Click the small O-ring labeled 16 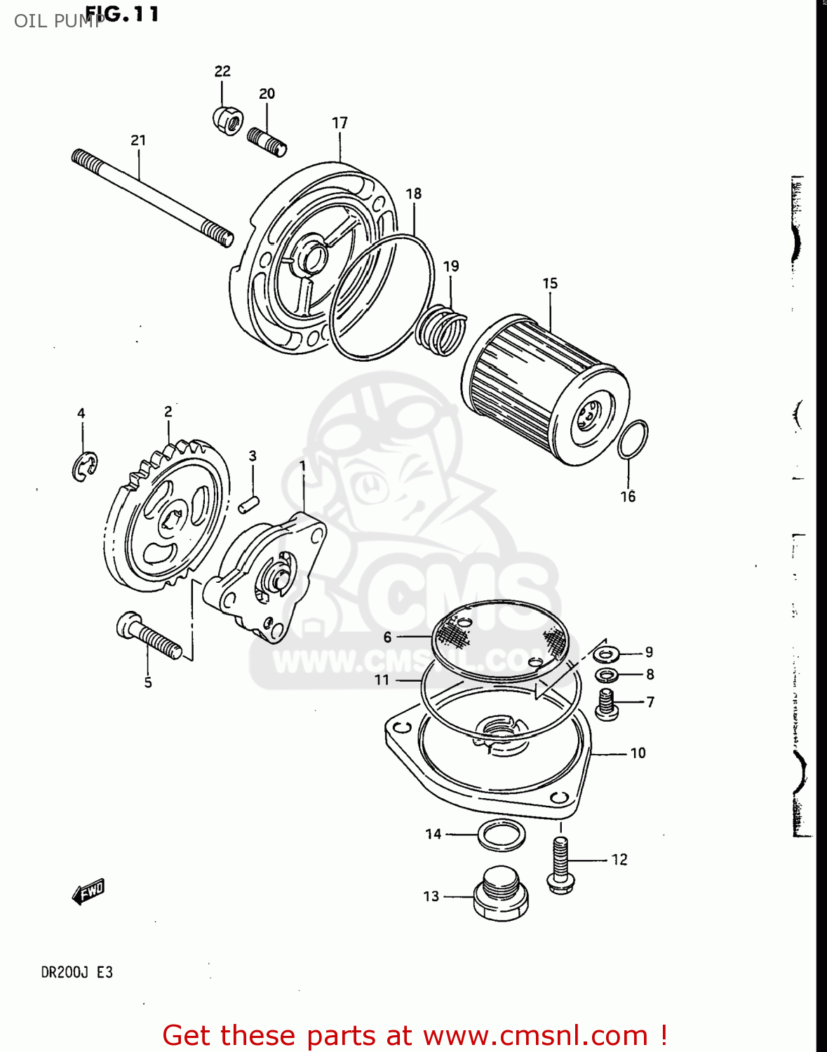(633, 440)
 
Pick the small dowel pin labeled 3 (249, 504)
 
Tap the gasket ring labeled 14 (502, 835)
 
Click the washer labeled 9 (605, 654)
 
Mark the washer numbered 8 (607, 675)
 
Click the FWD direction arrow (88, 892)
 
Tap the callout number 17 (339, 123)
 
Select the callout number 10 (638, 753)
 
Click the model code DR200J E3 (76, 973)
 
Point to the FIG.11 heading (122, 14)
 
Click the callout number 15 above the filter (550, 283)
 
